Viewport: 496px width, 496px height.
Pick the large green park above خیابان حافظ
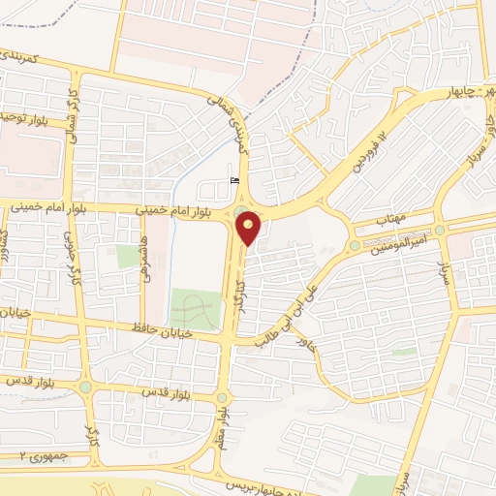click(195, 307)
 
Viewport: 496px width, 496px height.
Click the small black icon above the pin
click(232, 179)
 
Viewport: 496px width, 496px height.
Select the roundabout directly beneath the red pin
click(240, 214)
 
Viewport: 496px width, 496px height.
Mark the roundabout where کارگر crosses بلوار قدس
click(86, 386)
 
